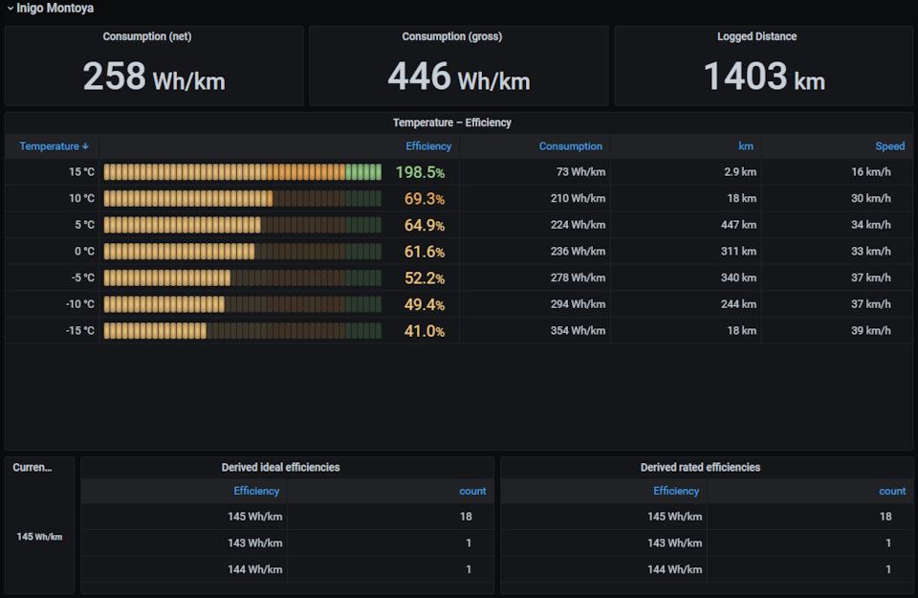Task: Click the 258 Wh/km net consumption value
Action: [x=154, y=77]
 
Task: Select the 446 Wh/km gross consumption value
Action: [x=459, y=77]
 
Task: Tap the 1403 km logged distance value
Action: [x=764, y=77]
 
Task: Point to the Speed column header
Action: [x=890, y=146]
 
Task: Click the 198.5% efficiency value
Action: [x=421, y=172]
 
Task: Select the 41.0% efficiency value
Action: [x=425, y=331]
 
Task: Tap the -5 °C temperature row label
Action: [x=82, y=277]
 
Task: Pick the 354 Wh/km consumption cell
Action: [x=578, y=330]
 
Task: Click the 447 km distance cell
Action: [x=738, y=225]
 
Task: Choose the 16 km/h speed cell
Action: [x=870, y=172]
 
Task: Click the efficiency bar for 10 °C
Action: [x=188, y=199]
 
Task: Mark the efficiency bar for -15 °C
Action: [x=155, y=331]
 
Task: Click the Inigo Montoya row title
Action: [x=55, y=9]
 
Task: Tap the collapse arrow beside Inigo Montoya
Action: [x=10, y=9]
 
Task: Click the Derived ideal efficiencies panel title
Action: [x=280, y=467]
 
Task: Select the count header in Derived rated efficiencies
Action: [x=892, y=492]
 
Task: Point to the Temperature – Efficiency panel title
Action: [x=452, y=123]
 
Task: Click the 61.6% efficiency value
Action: [x=425, y=252]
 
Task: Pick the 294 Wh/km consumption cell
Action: [x=578, y=304]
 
